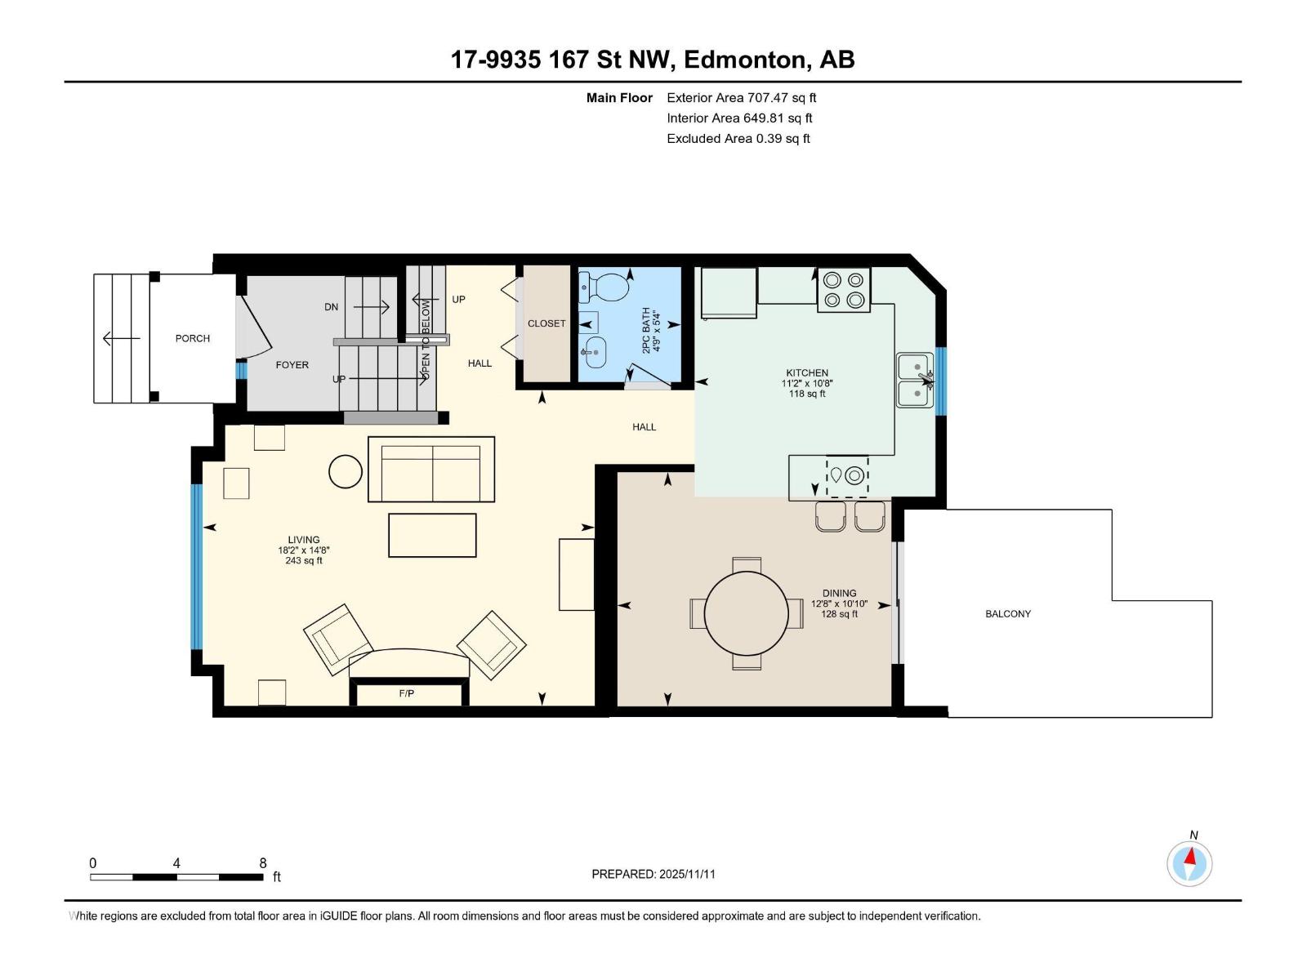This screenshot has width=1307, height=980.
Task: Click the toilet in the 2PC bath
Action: (x=605, y=287)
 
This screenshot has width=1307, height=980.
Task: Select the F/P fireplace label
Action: (x=406, y=693)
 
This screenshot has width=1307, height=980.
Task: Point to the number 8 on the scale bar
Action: (x=263, y=863)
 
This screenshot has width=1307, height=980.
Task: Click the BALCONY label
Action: (x=1007, y=614)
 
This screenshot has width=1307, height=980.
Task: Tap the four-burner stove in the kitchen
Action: (x=844, y=290)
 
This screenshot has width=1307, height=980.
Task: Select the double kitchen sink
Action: (x=915, y=380)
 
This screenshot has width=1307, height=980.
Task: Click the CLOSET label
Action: (x=546, y=323)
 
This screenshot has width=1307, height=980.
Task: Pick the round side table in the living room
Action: (x=346, y=471)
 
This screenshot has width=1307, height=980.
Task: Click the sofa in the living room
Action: (x=431, y=470)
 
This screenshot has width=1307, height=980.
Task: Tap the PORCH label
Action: (x=193, y=338)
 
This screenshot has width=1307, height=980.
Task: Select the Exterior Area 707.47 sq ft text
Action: (x=741, y=98)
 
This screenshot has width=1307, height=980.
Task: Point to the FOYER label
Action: (x=292, y=365)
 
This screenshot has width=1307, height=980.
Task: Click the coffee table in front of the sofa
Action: (x=432, y=535)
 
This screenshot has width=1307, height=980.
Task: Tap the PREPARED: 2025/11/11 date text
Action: (x=653, y=874)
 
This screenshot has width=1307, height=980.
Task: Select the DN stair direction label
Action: (x=331, y=307)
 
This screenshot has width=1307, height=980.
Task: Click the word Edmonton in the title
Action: (x=744, y=60)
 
